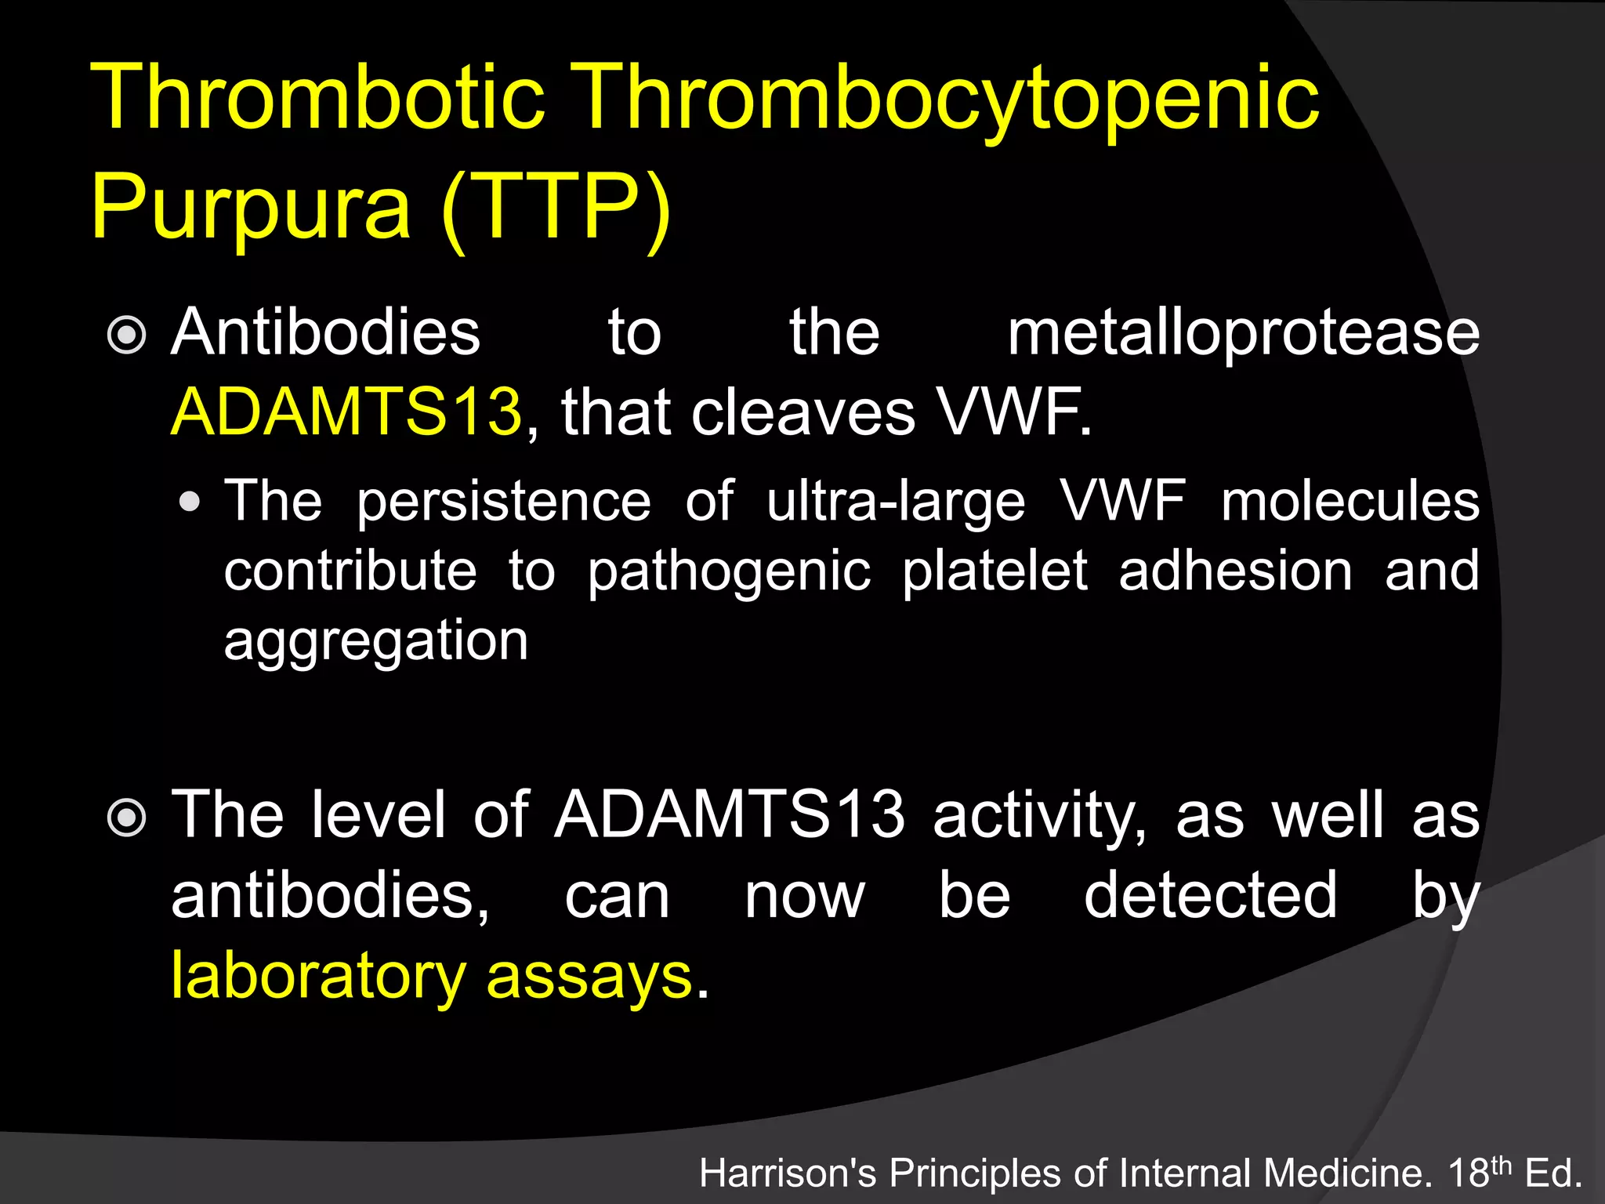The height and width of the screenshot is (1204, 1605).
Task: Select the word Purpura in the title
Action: (251, 208)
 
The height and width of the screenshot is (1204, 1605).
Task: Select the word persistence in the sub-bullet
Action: (503, 502)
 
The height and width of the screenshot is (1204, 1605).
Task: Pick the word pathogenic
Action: (729, 572)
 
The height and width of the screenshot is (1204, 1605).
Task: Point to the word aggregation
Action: (376, 642)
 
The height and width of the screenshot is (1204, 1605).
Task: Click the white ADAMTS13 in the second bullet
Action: (730, 815)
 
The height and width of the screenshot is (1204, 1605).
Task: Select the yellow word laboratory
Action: (318, 977)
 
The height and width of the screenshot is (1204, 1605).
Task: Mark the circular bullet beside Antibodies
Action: (126, 335)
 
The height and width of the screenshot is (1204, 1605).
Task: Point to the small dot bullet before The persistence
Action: (189, 502)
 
